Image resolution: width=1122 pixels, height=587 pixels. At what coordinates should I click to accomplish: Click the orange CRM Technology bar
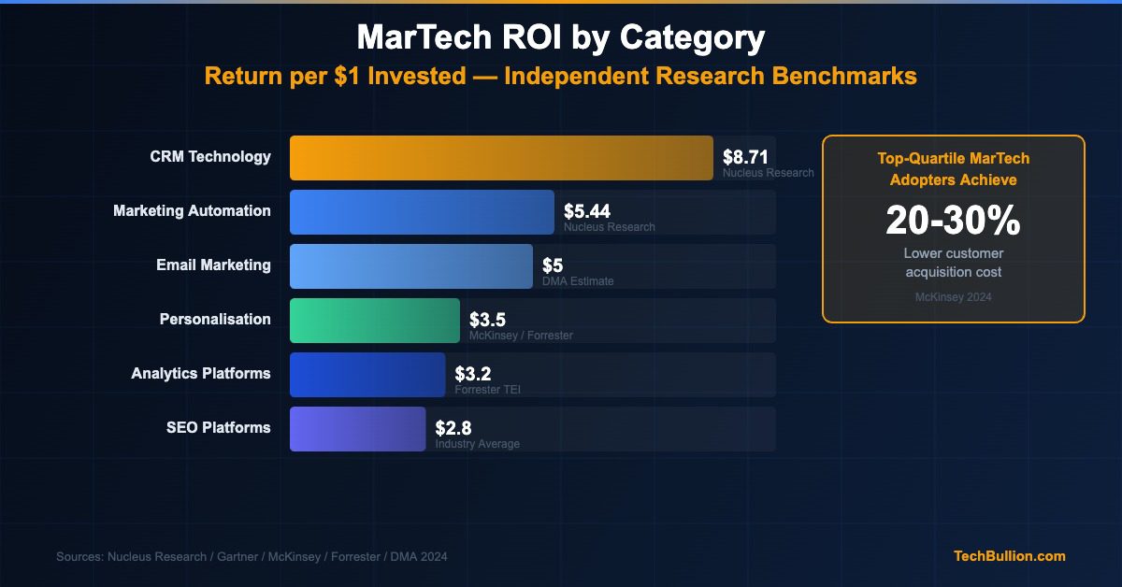pyautogui.click(x=501, y=157)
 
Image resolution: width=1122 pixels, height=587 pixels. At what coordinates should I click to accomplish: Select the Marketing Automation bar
pyautogui.click(x=422, y=211)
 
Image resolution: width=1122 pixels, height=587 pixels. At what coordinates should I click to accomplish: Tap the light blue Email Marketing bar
pyautogui.click(x=411, y=265)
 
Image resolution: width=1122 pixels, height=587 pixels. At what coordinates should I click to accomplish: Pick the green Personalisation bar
pyautogui.click(x=375, y=320)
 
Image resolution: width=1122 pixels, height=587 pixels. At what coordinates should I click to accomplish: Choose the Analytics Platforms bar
pyautogui.click(x=367, y=374)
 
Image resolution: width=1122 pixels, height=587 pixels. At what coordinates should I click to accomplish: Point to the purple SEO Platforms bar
pyautogui.click(x=357, y=428)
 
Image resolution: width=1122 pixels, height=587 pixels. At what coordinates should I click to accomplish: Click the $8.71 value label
pyautogui.click(x=745, y=157)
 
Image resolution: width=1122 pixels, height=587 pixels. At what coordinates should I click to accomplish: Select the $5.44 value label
pyautogui.click(x=587, y=211)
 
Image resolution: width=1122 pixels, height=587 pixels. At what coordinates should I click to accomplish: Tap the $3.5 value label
pyautogui.click(x=487, y=320)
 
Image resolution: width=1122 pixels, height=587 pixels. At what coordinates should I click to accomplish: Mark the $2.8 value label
pyautogui.click(x=453, y=428)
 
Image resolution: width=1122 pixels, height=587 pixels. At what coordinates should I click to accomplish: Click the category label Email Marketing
pyautogui.click(x=213, y=265)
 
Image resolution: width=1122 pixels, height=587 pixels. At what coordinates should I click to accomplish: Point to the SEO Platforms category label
pyautogui.click(x=219, y=428)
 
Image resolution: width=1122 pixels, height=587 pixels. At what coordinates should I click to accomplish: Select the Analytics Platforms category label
pyautogui.click(x=201, y=374)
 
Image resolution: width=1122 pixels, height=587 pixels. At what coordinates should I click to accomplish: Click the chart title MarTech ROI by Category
pyautogui.click(x=561, y=38)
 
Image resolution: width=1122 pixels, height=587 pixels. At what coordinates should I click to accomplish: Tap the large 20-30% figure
pyautogui.click(x=953, y=221)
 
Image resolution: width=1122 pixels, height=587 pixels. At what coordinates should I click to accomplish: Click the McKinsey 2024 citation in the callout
pyautogui.click(x=953, y=297)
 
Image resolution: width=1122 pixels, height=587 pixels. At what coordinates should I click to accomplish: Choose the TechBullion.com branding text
pyautogui.click(x=1009, y=556)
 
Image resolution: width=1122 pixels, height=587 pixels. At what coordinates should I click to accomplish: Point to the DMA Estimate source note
pyautogui.click(x=578, y=281)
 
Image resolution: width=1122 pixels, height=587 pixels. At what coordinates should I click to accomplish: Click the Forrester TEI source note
pyautogui.click(x=487, y=390)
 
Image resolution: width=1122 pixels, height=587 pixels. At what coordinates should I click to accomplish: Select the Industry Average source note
pyautogui.click(x=477, y=444)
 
